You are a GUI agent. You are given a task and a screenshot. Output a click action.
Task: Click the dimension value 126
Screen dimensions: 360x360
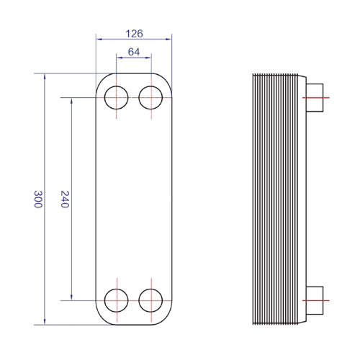pos(134,34)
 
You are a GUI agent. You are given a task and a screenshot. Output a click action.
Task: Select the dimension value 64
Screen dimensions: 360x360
pos(134,52)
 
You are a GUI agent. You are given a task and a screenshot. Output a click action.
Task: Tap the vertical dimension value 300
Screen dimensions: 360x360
pos(38,199)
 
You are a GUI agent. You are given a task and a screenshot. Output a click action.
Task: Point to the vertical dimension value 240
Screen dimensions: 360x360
pos(65,199)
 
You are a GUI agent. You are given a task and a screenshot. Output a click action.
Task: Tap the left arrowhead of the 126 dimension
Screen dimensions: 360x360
pos(99,39)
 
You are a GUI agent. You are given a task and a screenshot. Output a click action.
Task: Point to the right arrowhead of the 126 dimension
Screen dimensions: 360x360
pos(168,39)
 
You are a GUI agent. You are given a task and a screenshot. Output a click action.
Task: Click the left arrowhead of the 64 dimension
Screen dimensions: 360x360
pos(120,58)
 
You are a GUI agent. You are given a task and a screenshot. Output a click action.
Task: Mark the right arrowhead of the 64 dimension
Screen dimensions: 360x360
pos(148,58)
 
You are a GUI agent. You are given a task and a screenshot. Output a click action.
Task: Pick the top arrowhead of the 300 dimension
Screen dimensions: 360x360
pos(45,76)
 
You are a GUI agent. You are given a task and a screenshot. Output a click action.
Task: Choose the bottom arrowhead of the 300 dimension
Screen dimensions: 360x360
pos(45,322)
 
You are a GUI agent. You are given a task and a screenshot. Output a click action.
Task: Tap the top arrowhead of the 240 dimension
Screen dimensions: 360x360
pos(71,101)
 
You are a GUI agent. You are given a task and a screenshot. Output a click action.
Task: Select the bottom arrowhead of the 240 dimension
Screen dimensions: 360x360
pos(71,297)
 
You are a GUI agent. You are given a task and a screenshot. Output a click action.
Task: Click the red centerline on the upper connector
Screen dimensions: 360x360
pos(316,98)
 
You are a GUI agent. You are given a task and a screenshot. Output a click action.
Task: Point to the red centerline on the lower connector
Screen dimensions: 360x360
pos(316,300)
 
